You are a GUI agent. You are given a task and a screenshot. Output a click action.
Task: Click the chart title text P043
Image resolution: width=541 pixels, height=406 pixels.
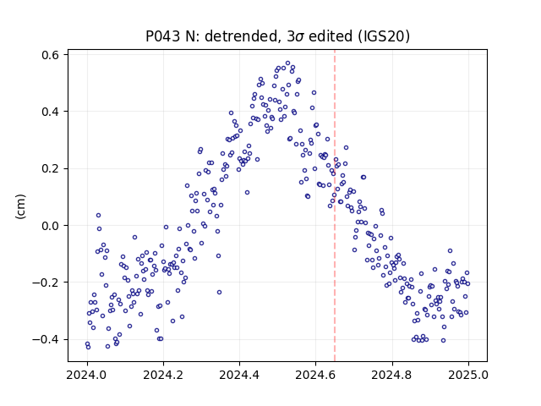pyautogui.click(x=162, y=36)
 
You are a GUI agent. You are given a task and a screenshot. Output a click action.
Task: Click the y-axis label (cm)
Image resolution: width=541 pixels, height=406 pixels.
pyautogui.click(x=20, y=206)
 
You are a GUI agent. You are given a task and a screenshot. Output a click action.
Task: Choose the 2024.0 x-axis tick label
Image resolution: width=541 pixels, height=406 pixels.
pyautogui.click(x=87, y=375)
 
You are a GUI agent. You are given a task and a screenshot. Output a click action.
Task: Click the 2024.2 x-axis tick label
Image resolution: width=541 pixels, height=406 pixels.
pyautogui.click(x=163, y=375)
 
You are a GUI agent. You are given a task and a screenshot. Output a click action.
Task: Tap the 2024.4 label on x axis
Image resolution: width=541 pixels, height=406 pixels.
pyautogui.click(x=239, y=375)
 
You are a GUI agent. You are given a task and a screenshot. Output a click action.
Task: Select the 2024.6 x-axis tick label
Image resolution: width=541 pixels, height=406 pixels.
pyautogui.click(x=315, y=375)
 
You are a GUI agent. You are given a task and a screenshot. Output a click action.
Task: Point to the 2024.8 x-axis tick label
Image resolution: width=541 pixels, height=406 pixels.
pyautogui.click(x=392, y=375)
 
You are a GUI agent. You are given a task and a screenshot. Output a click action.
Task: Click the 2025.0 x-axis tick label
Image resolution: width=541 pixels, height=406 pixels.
pyautogui.click(x=468, y=375)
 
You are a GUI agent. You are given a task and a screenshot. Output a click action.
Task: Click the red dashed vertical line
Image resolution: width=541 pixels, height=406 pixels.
pyautogui.click(x=335, y=206)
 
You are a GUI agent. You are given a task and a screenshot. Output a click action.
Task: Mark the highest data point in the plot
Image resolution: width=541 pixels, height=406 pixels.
pyautogui.click(x=287, y=63)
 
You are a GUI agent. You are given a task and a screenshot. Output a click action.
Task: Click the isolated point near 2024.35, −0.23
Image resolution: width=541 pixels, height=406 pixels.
pyautogui.click(x=219, y=292)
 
